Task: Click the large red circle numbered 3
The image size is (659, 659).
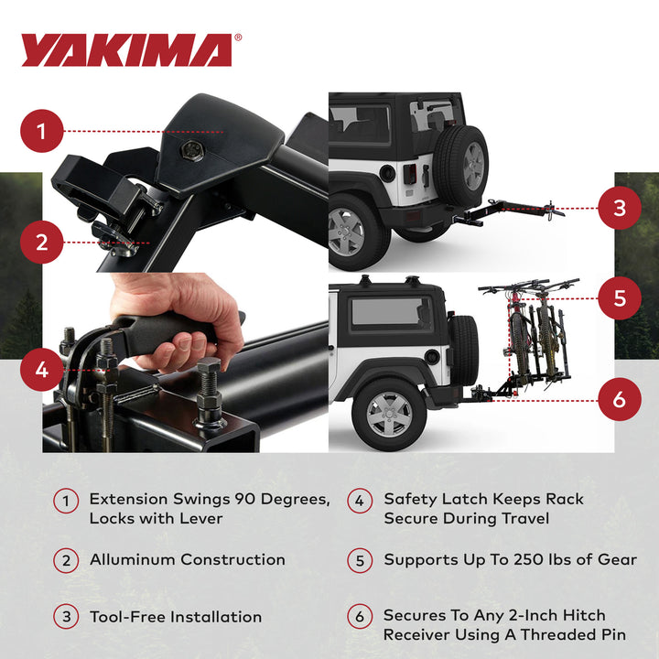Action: [x=620, y=208]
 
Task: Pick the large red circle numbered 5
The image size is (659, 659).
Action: [x=620, y=297]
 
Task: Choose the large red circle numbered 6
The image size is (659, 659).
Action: [x=620, y=399]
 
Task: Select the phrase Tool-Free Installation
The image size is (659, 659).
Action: [x=176, y=617]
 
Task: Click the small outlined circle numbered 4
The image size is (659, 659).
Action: [x=360, y=501]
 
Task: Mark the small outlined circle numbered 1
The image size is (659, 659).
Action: [x=66, y=501]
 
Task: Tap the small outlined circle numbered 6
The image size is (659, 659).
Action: [x=360, y=616]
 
